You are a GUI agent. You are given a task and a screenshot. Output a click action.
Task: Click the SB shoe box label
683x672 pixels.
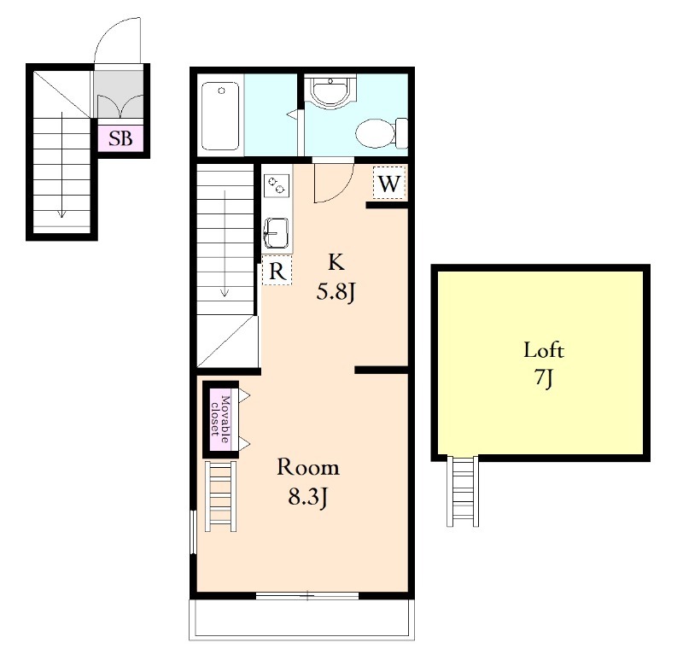point(120,138)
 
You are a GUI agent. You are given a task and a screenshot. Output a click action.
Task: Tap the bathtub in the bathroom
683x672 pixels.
point(220,116)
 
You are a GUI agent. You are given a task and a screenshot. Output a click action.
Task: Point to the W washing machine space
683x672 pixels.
point(389,184)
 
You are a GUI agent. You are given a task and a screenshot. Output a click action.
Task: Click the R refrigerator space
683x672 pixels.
point(277,271)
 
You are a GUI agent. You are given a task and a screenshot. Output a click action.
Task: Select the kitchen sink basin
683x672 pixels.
point(276,233)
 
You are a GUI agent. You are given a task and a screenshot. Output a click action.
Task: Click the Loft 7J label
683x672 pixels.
point(544,364)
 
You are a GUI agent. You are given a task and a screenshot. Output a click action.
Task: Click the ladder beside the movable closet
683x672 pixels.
point(221,496)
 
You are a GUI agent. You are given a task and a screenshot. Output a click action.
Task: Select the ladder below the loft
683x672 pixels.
point(463,491)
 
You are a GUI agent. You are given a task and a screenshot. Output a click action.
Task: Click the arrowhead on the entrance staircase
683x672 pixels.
point(61,213)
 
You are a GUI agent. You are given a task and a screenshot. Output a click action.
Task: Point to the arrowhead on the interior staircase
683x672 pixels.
point(225,292)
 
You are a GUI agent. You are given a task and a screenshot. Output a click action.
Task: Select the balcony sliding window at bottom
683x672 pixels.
point(307,595)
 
